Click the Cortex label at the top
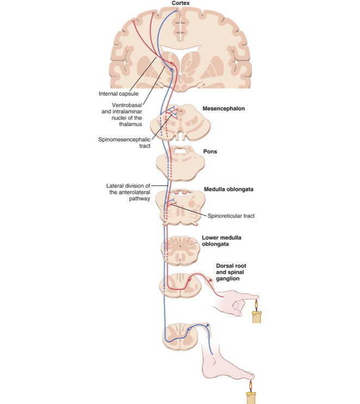coord(181,3)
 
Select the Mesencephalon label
coord(224,109)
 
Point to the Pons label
coord(210,151)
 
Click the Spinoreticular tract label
coord(231,216)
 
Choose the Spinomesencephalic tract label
coord(125,143)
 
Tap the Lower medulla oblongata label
coord(222,241)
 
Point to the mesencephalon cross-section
coord(179,120)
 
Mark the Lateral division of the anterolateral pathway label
coord(128,192)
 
